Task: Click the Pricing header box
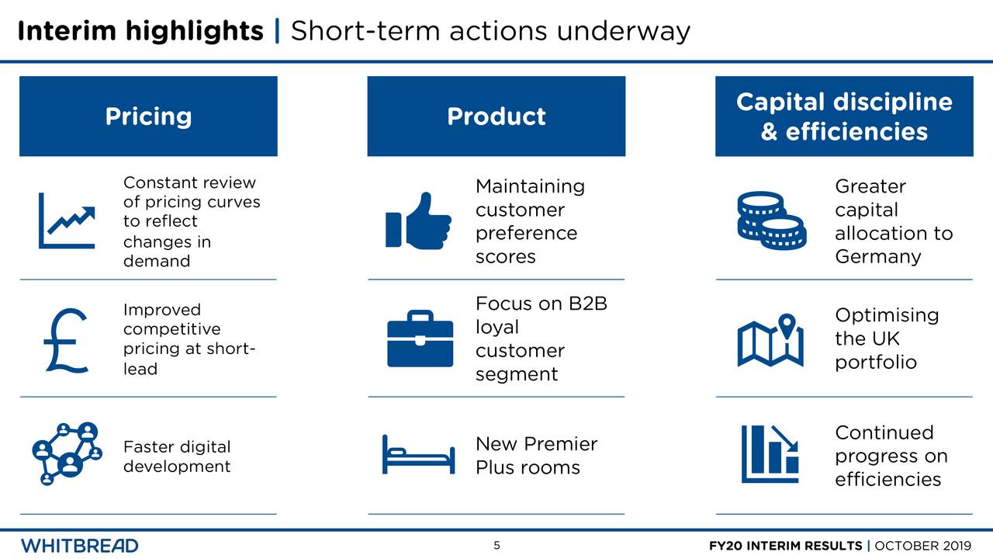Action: [148, 116]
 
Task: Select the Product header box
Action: [496, 116]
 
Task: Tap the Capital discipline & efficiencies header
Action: [843, 116]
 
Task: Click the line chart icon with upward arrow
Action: [67, 220]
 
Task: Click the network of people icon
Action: [67, 454]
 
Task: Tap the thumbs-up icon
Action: [418, 220]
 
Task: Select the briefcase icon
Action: [420, 339]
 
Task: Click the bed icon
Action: [418, 454]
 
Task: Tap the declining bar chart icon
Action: [770, 454]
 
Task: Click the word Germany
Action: [877, 257]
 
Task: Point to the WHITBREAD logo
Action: [80, 545]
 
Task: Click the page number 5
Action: [496, 545]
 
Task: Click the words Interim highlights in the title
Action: [140, 31]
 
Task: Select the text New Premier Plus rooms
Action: [535, 456]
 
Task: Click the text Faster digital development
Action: [177, 457]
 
